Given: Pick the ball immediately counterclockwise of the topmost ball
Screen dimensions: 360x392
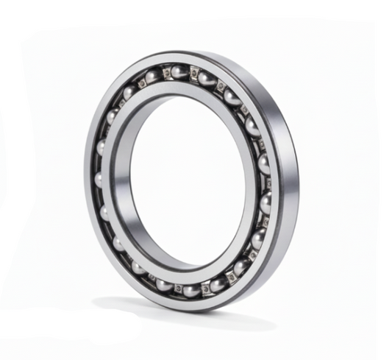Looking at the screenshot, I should pos(152,77).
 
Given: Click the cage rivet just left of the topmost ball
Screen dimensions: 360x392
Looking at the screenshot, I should pos(167,72).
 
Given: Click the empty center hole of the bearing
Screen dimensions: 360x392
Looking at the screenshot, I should pos(188,180).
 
